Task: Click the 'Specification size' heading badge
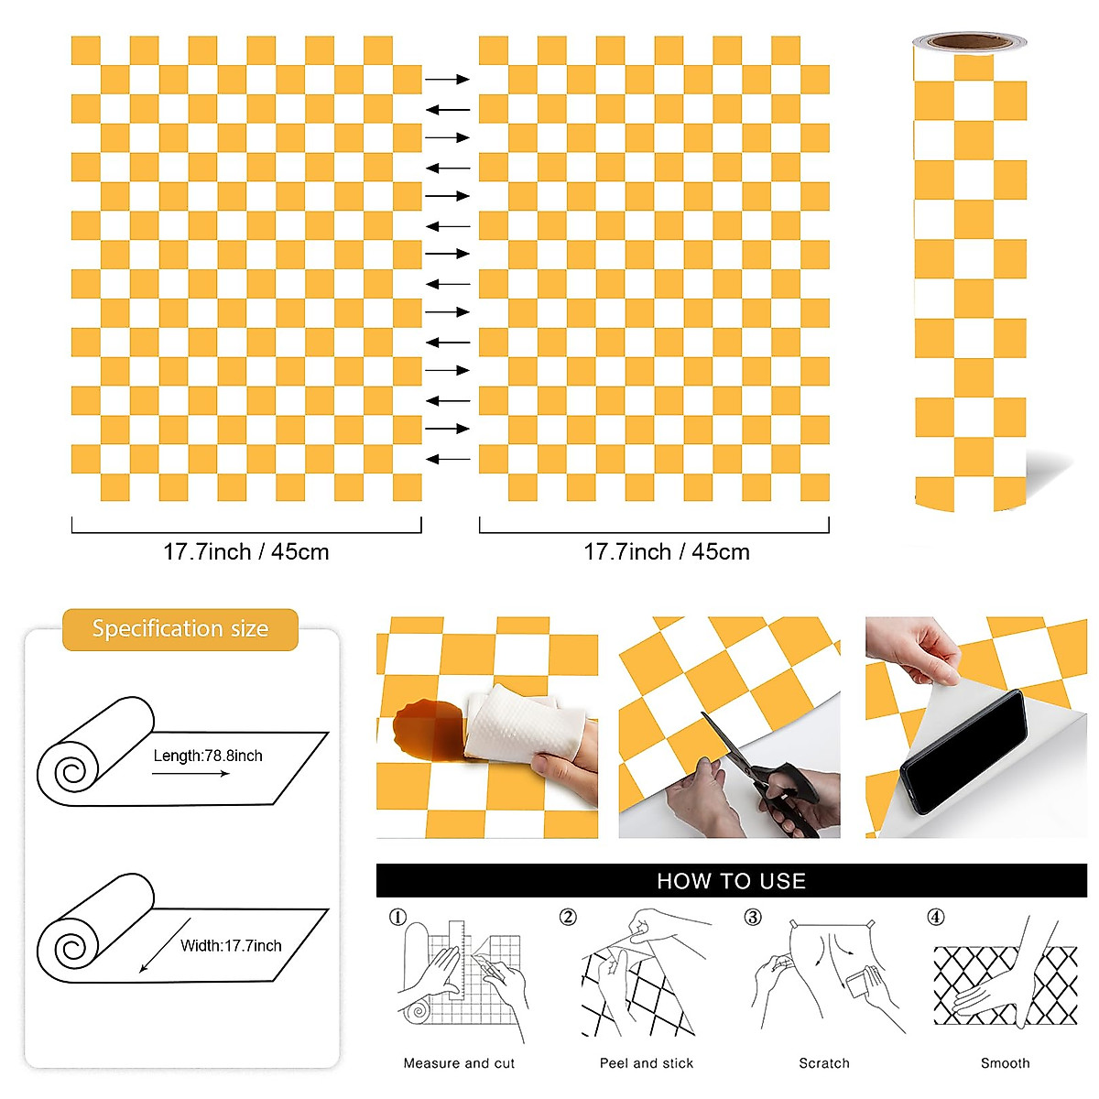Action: pos(180,629)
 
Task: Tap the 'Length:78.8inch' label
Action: pos(208,756)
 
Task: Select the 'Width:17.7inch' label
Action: pos(231,945)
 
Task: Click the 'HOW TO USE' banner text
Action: pos(731,881)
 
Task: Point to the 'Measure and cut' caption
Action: pos(459,1063)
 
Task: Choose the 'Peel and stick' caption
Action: pos(647,1063)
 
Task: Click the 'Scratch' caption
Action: pos(824,1063)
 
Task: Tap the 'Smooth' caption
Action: pos(1005,1063)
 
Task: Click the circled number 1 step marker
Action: pos(397,917)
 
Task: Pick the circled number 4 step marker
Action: pos(935,917)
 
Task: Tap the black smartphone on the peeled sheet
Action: pos(964,751)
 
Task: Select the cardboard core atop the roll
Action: pos(969,41)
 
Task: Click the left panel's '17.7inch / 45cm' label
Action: pos(245,552)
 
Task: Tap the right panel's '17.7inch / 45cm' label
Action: pos(667,552)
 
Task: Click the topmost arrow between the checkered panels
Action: pos(447,80)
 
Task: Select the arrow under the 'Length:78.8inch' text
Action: pos(190,774)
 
